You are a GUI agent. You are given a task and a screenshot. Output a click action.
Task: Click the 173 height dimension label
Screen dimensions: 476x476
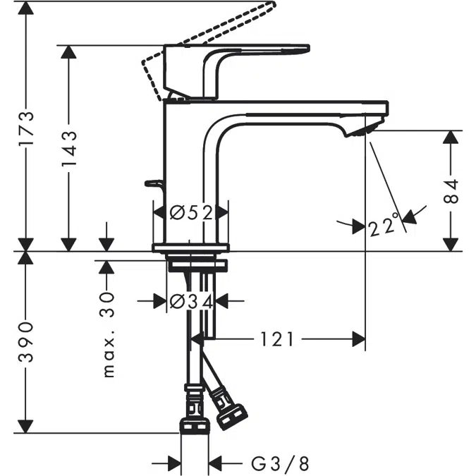[26, 128]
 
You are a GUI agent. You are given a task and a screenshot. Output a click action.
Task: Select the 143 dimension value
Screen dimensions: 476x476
[69, 148]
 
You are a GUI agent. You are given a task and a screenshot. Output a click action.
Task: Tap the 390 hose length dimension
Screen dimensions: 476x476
[26, 342]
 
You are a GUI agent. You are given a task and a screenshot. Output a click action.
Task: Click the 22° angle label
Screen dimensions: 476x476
[384, 225]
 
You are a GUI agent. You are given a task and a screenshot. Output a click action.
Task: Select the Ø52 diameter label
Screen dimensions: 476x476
[191, 212]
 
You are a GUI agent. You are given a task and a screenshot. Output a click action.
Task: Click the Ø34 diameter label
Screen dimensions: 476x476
[191, 301]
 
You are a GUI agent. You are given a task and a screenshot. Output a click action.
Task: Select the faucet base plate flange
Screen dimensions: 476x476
[191, 247]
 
